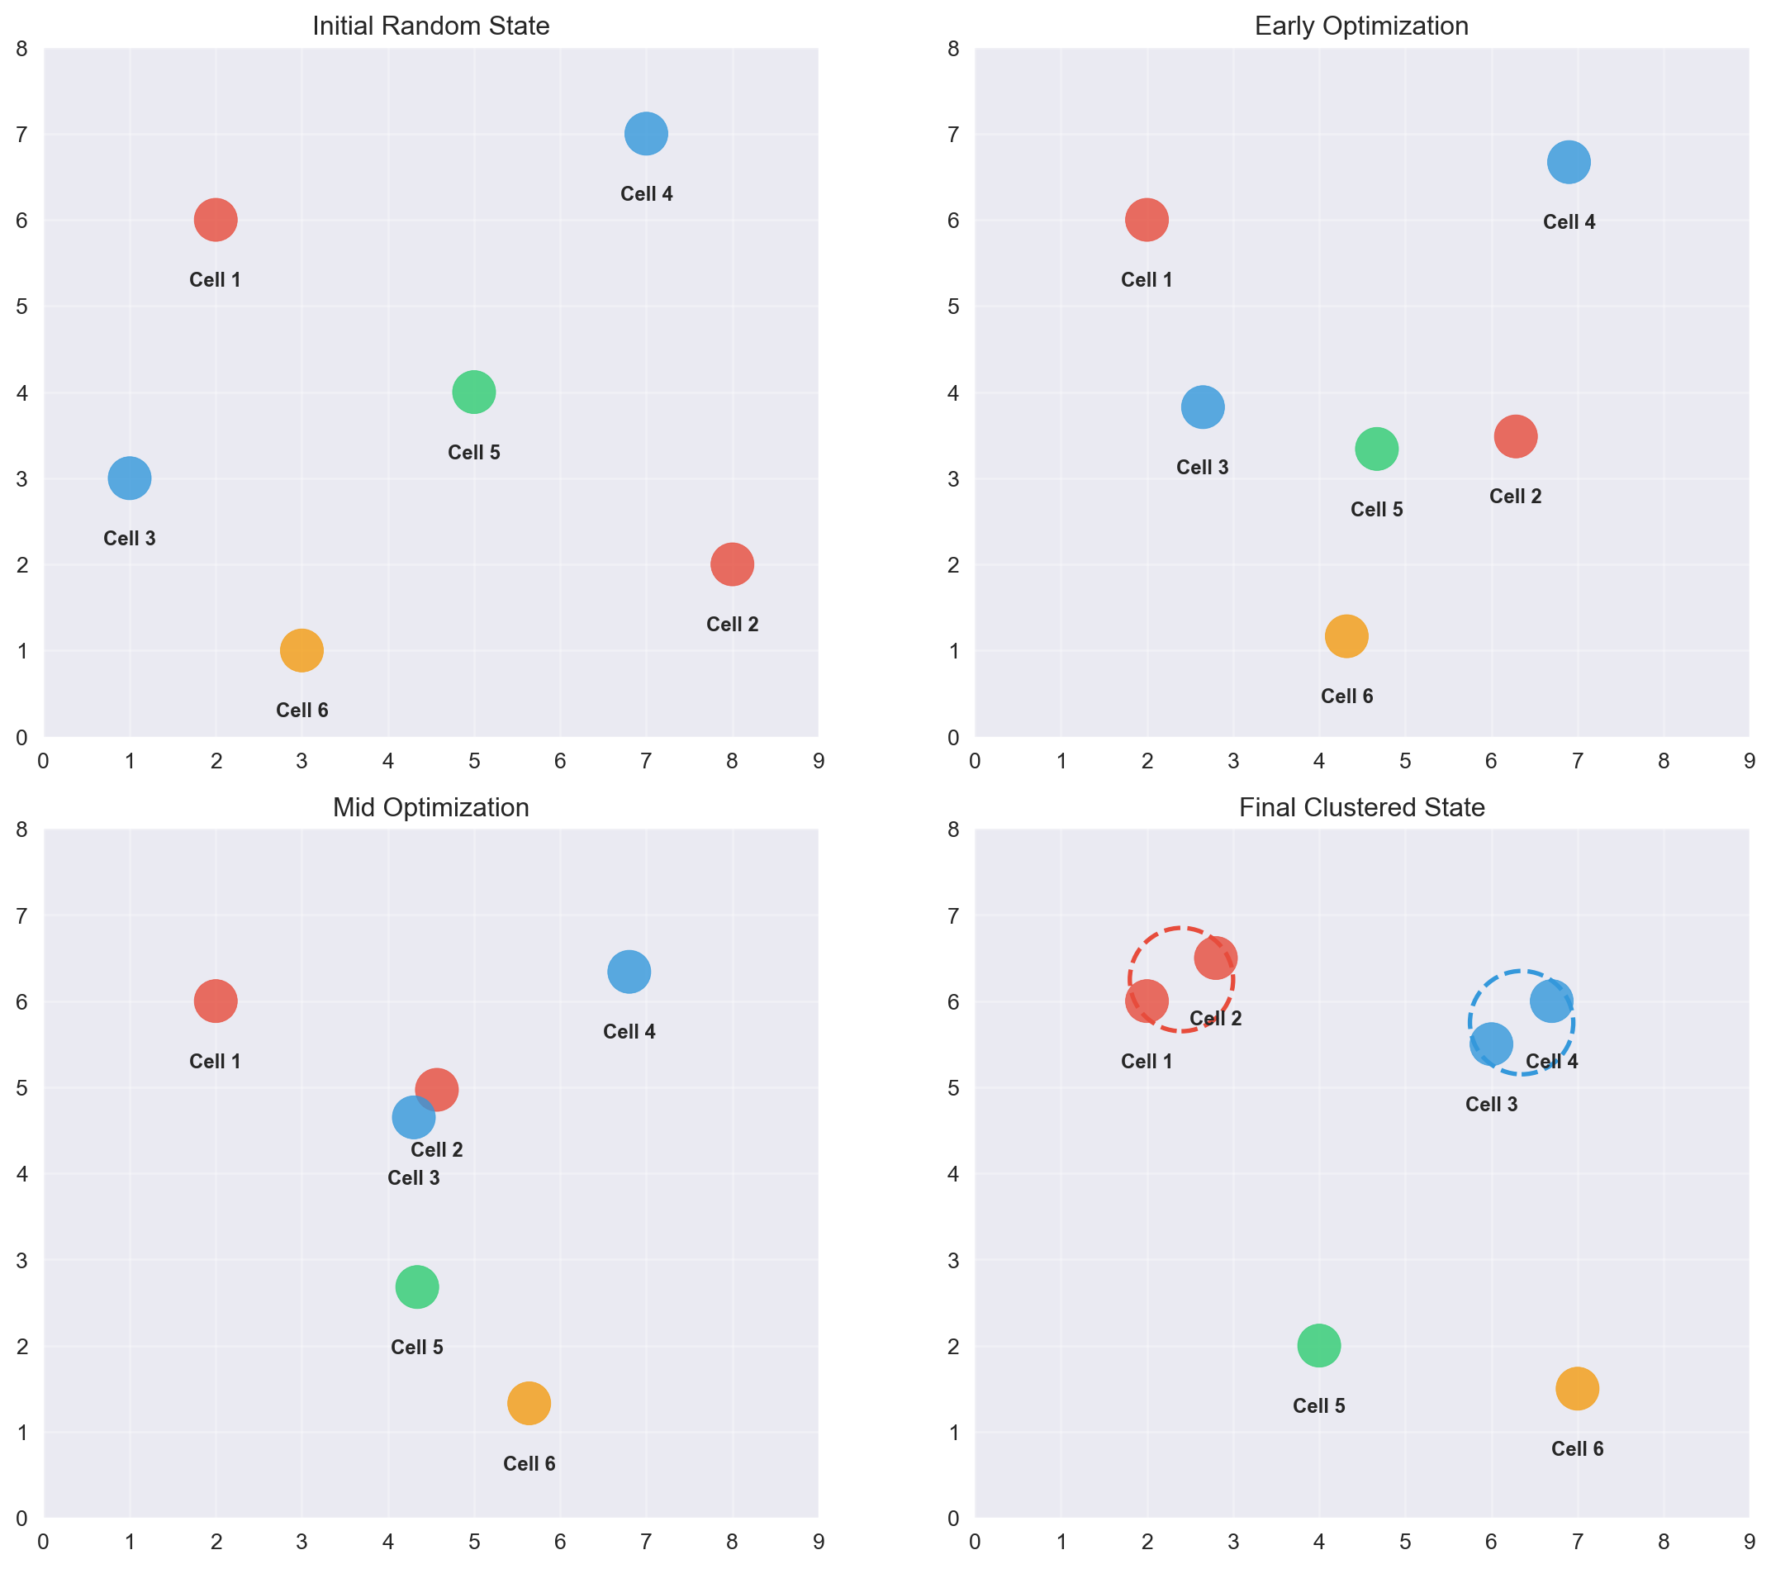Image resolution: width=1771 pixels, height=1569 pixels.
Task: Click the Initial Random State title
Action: click(x=430, y=26)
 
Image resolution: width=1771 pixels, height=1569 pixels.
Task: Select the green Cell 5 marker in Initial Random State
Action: click(x=474, y=392)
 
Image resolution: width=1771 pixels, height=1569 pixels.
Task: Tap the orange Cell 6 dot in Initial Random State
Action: click(x=301, y=650)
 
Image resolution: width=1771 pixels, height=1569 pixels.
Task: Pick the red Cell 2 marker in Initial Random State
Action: click(x=732, y=564)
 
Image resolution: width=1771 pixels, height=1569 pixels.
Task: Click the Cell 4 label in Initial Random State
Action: click(x=646, y=194)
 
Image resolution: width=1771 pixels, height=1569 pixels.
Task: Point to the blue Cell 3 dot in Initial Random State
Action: click(x=130, y=478)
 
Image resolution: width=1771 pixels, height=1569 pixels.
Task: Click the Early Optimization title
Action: click(x=1361, y=26)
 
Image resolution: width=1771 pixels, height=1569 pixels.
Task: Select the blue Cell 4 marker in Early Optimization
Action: click(x=1569, y=162)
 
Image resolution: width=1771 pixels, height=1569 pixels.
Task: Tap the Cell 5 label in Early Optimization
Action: click(x=1377, y=510)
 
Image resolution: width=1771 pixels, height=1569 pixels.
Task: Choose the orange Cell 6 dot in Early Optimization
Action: click(x=1346, y=636)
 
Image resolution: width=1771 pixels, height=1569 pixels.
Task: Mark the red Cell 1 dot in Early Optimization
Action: click(x=1147, y=220)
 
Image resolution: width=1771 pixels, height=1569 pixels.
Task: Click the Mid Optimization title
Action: click(x=430, y=808)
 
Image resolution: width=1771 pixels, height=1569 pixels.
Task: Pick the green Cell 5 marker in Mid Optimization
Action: click(x=417, y=1286)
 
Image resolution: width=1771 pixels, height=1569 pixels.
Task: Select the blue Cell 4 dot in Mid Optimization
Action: click(x=629, y=972)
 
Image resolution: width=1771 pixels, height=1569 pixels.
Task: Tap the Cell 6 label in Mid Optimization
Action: click(x=529, y=1464)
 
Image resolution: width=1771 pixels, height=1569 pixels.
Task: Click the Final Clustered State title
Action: click(x=1361, y=808)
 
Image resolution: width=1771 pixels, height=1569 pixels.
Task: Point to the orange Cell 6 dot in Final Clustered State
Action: click(x=1577, y=1389)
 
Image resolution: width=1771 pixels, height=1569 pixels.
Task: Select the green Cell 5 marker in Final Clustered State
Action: click(x=1318, y=1345)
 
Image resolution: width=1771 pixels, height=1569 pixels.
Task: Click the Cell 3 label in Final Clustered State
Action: click(x=1491, y=1105)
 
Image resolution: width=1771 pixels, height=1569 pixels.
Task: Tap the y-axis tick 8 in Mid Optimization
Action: click(x=21, y=830)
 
